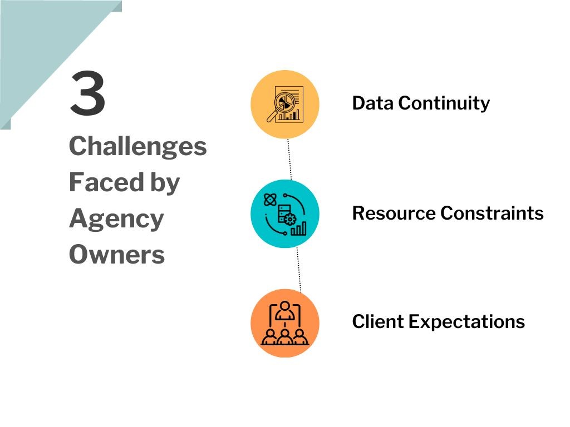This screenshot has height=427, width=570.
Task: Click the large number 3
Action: (87, 95)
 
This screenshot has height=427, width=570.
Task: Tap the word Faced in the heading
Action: (98, 182)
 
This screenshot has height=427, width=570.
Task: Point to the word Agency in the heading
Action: (116, 219)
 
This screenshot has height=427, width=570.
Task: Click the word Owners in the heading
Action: (117, 255)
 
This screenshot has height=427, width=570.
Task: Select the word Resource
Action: (393, 213)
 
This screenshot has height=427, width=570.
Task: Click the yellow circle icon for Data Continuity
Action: (285, 104)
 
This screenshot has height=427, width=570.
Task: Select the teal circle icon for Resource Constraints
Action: (285, 213)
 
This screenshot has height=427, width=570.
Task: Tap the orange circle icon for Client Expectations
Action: (285, 323)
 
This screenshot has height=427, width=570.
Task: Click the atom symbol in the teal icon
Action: (270, 199)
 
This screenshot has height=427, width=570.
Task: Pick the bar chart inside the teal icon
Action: (299, 228)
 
